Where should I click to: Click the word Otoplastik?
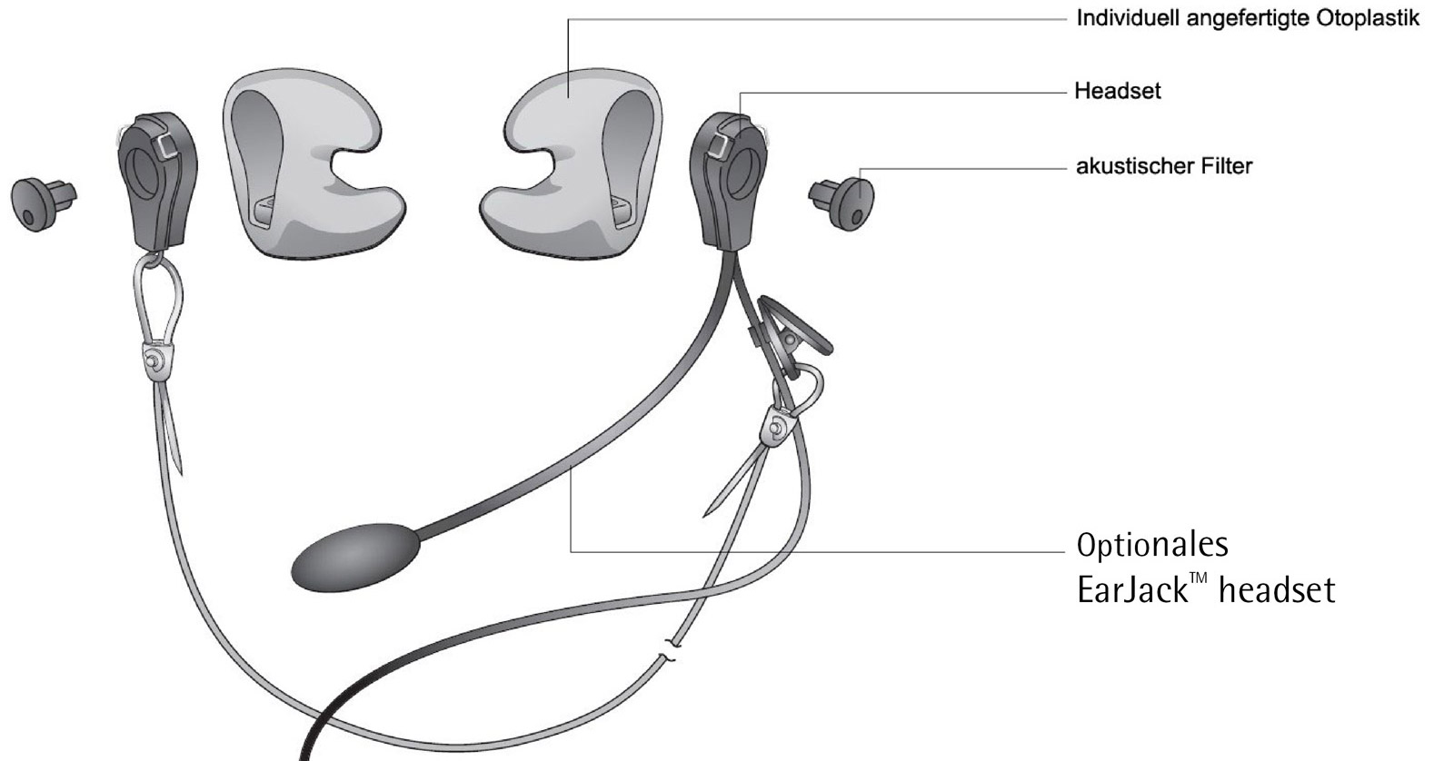pos(1369,19)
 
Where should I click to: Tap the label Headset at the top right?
pos(1117,91)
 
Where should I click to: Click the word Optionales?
pos(1153,544)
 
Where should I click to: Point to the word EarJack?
pos(1132,590)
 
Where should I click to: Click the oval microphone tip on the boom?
pos(355,558)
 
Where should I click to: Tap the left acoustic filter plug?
pos(43,203)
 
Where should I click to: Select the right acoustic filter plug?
pos(842,203)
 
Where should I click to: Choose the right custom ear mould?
pos(573,165)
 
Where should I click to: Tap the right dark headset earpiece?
pos(728,181)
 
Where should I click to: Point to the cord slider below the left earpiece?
pos(156,360)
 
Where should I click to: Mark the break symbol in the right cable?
pos(671,651)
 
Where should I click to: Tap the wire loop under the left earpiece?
pos(158,299)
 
